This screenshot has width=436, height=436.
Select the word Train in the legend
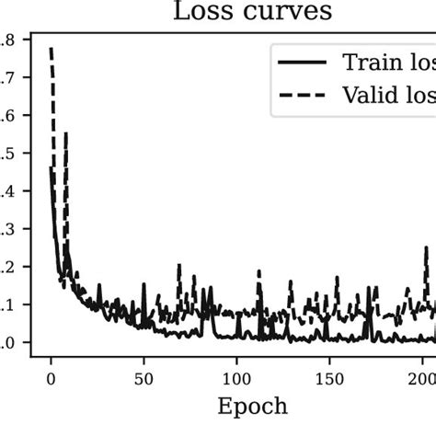368,62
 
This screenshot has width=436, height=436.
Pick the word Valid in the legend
368,94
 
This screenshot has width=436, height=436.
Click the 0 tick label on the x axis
51,378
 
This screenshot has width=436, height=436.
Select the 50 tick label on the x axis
143,378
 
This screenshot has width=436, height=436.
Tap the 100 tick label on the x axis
237,378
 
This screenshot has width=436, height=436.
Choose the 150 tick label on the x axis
330,378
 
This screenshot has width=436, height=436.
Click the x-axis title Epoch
251,407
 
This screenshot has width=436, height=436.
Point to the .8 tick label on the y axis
8,40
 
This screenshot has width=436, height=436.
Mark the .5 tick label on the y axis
8,154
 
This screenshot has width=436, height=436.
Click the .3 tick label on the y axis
8,229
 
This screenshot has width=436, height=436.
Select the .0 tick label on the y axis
8,343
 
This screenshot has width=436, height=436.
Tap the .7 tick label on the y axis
8,78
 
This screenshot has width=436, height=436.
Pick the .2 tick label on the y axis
8,267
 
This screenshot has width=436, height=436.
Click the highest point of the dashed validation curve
52,48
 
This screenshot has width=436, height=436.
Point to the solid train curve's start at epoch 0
51,167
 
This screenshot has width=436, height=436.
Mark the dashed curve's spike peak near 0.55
65,134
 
